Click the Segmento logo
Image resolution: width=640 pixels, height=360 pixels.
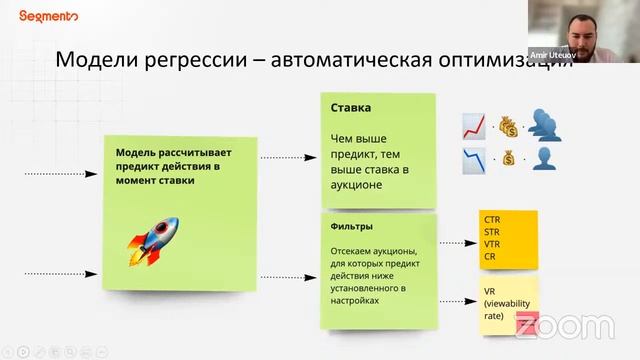coord(47,16)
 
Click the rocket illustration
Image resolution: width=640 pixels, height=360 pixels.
coord(152,240)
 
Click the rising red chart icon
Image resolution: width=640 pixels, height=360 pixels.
coord(473,124)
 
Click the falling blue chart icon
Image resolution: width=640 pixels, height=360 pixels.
coord(473,158)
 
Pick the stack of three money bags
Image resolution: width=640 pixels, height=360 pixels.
coord(509,125)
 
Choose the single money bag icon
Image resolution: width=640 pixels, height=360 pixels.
coord(509,158)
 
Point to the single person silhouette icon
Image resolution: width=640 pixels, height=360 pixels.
coord(544,158)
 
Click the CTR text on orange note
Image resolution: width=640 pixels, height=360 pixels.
coord(492,219)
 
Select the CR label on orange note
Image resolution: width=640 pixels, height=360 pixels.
coord(490,256)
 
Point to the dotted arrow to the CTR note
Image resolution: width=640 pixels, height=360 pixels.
coord(456,242)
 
